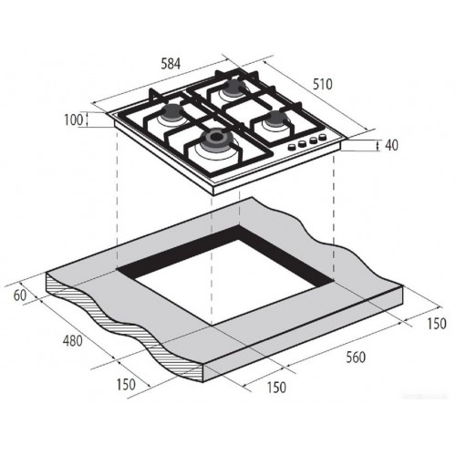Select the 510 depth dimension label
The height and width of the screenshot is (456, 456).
pyautogui.click(x=321, y=84)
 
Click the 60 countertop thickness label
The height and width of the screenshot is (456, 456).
pyautogui.click(x=20, y=295)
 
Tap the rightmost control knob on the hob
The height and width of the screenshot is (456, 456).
pyautogui.click(x=321, y=139)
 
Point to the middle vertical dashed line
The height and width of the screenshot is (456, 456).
pyautogui.click(x=212, y=274)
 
